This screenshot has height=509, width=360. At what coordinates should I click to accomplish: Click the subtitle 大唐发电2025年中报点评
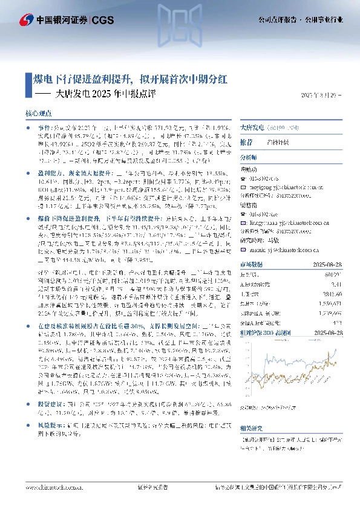pyautogui.click(x=105, y=94)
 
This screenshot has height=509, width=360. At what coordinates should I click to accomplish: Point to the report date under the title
pyautogui.click(x=324, y=95)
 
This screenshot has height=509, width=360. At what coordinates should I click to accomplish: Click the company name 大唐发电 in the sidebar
pyautogui.click(x=252, y=128)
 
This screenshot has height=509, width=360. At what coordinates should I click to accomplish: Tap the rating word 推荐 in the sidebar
pyautogui.click(x=246, y=143)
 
